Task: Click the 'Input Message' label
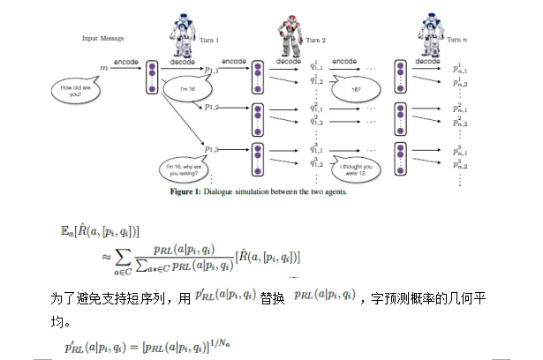(x=102, y=39)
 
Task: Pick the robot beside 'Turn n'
(x=431, y=31)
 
